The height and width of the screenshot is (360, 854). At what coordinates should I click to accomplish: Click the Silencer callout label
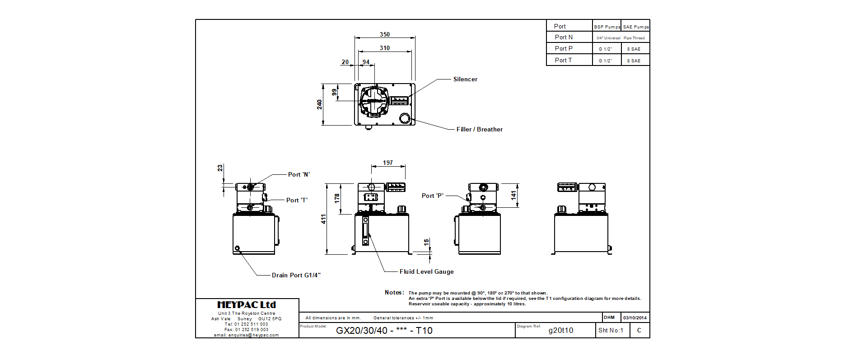pos(465,79)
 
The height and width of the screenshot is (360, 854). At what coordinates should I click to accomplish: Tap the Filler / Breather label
pos(479,129)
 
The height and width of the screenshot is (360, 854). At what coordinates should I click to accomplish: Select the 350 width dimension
pos(384,34)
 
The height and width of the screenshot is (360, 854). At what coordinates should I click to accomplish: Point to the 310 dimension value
pos(384,48)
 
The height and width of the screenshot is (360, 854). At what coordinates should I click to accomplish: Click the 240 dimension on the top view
pos(319,104)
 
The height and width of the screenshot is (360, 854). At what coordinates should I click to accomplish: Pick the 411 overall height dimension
pos(323,219)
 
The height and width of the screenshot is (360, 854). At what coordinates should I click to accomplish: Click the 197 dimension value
pos(387,163)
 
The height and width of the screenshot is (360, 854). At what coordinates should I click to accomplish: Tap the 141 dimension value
pos(513,195)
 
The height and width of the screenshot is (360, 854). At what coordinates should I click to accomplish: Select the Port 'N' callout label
pos(299,174)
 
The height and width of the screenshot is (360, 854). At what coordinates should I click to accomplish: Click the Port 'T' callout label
pos(297,200)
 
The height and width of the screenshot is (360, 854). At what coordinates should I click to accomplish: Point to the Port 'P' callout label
pos(432,196)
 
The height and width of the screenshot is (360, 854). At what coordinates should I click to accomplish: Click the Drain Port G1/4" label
pos(296,275)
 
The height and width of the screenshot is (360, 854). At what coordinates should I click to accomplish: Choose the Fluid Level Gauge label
pos(426,271)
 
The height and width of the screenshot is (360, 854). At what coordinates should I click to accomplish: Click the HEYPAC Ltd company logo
pos(247,305)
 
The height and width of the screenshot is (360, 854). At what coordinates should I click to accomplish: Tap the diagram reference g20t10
pos(560,330)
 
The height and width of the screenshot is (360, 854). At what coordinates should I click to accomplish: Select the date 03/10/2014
pos(635,318)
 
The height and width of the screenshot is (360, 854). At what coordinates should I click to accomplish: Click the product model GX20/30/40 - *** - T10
pos(384,330)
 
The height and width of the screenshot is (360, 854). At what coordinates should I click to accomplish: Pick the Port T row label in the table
pos(563,60)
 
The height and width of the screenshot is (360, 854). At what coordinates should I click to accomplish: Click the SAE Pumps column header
pos(635,27)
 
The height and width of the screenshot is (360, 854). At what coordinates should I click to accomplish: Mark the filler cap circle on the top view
pos(404,118)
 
